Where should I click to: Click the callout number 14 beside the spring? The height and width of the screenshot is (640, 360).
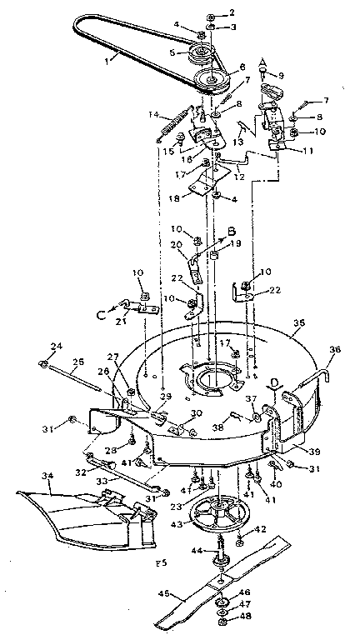coord(154,114)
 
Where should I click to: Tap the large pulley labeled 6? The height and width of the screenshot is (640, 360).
coord(213,82)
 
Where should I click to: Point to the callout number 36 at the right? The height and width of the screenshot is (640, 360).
coord(335,350)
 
